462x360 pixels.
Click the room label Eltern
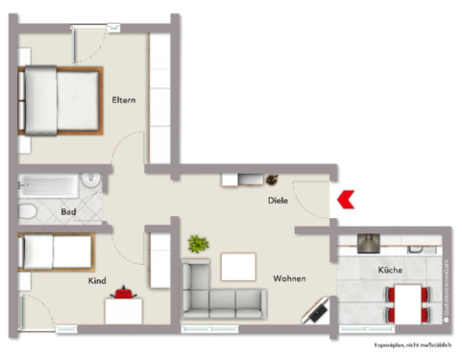click(x=123, y=99)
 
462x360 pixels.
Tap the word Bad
click(x=68, y=211)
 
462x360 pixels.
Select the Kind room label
click(x=97, y=280)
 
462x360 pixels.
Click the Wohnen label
click(x=289, y=278)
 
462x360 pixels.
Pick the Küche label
click(x=390, y=271)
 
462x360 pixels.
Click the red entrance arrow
click(x=347, y=199)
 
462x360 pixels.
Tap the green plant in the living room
click(x=199, y=244)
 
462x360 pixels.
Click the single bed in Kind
click(x=55, y=253)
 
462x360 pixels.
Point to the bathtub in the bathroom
click(x=51, y=180)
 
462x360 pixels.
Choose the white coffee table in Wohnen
click(x=239, y=266)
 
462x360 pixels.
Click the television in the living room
click(x=317, y=310)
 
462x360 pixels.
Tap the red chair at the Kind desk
click(x=123, y=290)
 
